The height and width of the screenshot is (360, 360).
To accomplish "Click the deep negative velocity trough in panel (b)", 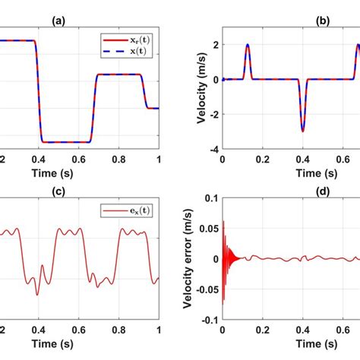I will [302, 131].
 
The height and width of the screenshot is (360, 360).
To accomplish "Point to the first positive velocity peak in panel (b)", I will [248, 45].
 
